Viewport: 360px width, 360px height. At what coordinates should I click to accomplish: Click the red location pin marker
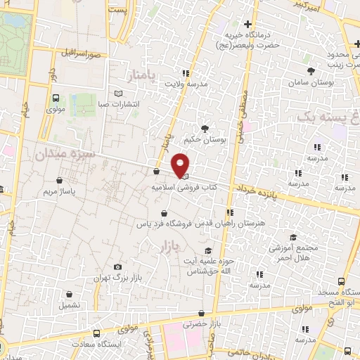[x=181, y=165]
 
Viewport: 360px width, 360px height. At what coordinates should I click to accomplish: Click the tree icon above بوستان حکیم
[x=205, y=129]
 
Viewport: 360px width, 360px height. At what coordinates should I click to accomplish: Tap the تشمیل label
[x=69, y=306]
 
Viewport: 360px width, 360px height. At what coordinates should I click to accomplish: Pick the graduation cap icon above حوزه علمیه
[x=207, y=251]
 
